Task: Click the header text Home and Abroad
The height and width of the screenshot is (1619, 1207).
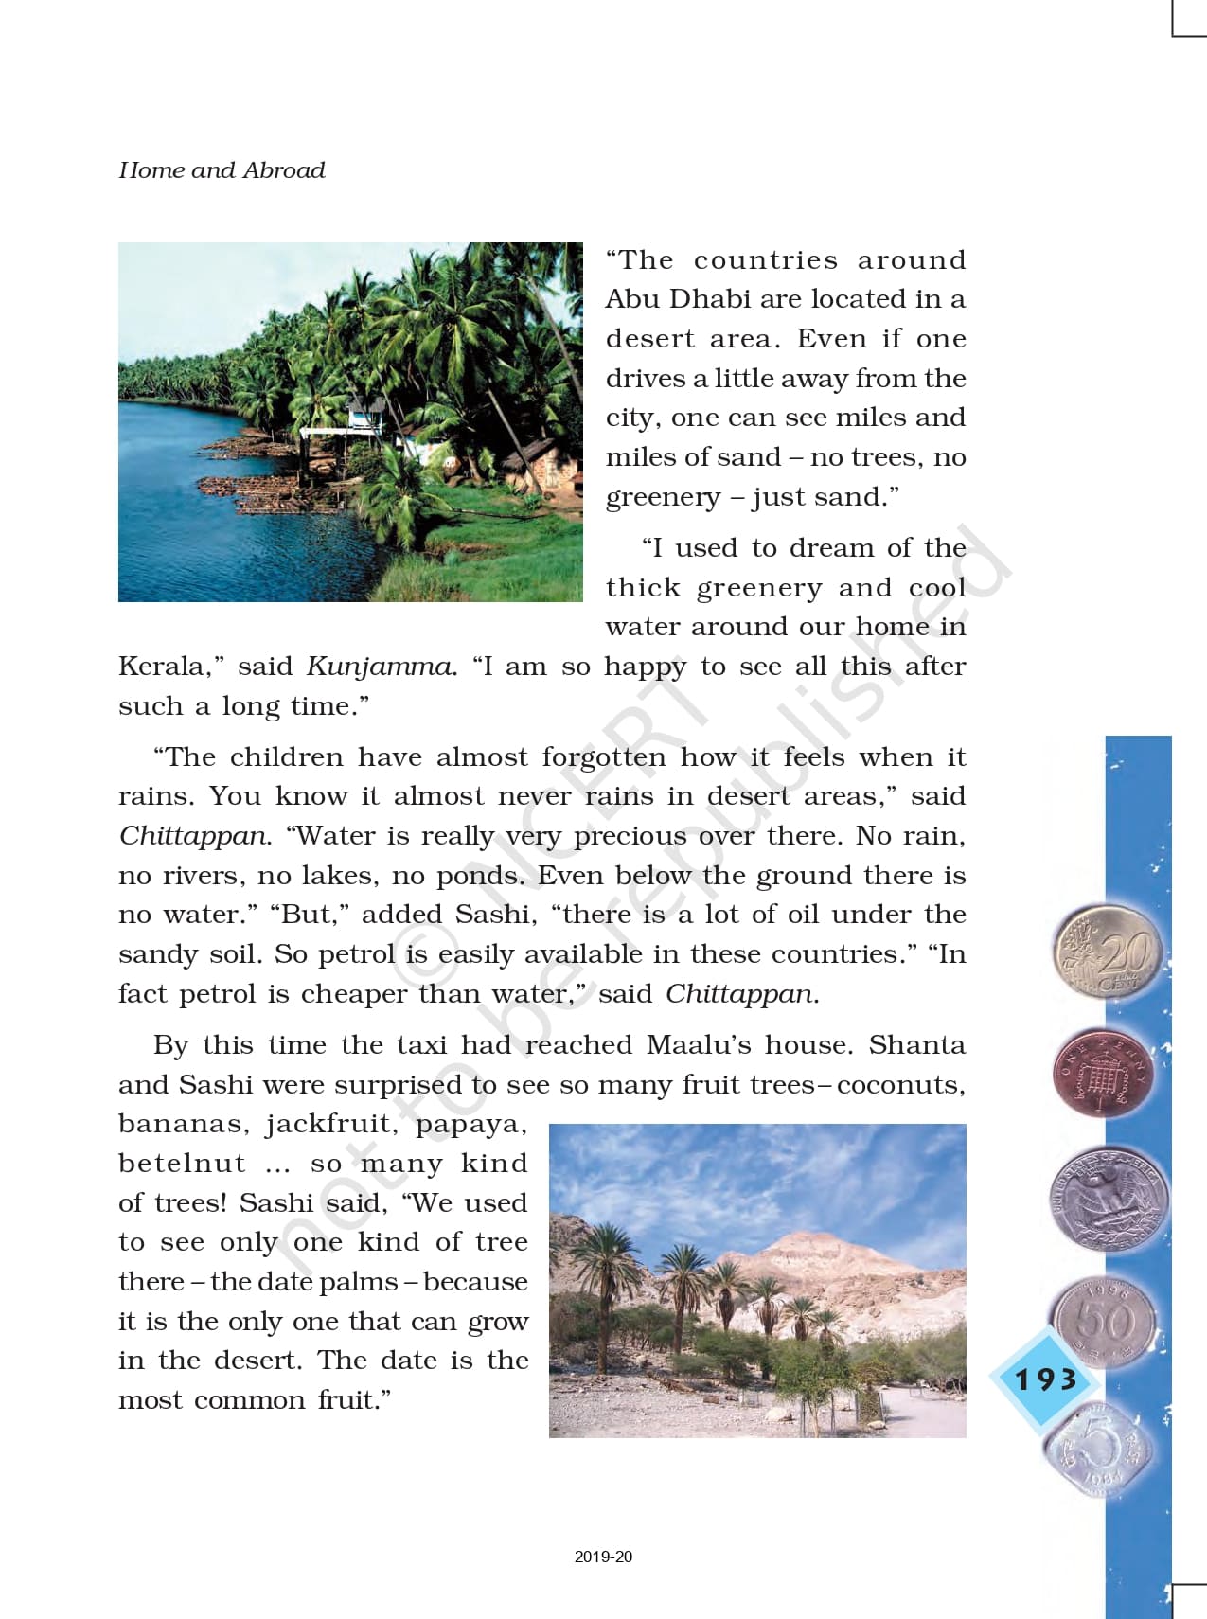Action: [222, 170]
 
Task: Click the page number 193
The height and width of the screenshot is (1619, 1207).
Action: [1045, 1379]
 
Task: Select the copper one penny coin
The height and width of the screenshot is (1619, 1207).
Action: [1104, 1075]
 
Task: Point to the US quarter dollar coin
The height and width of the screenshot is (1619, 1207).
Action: [1107, 1200]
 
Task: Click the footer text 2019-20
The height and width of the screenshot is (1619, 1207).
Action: [603, 1557]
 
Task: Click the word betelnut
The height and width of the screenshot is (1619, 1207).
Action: [169, 1164]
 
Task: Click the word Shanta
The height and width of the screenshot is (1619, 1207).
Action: [916, 1045]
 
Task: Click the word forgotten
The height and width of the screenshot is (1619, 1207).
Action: [603, 757]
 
